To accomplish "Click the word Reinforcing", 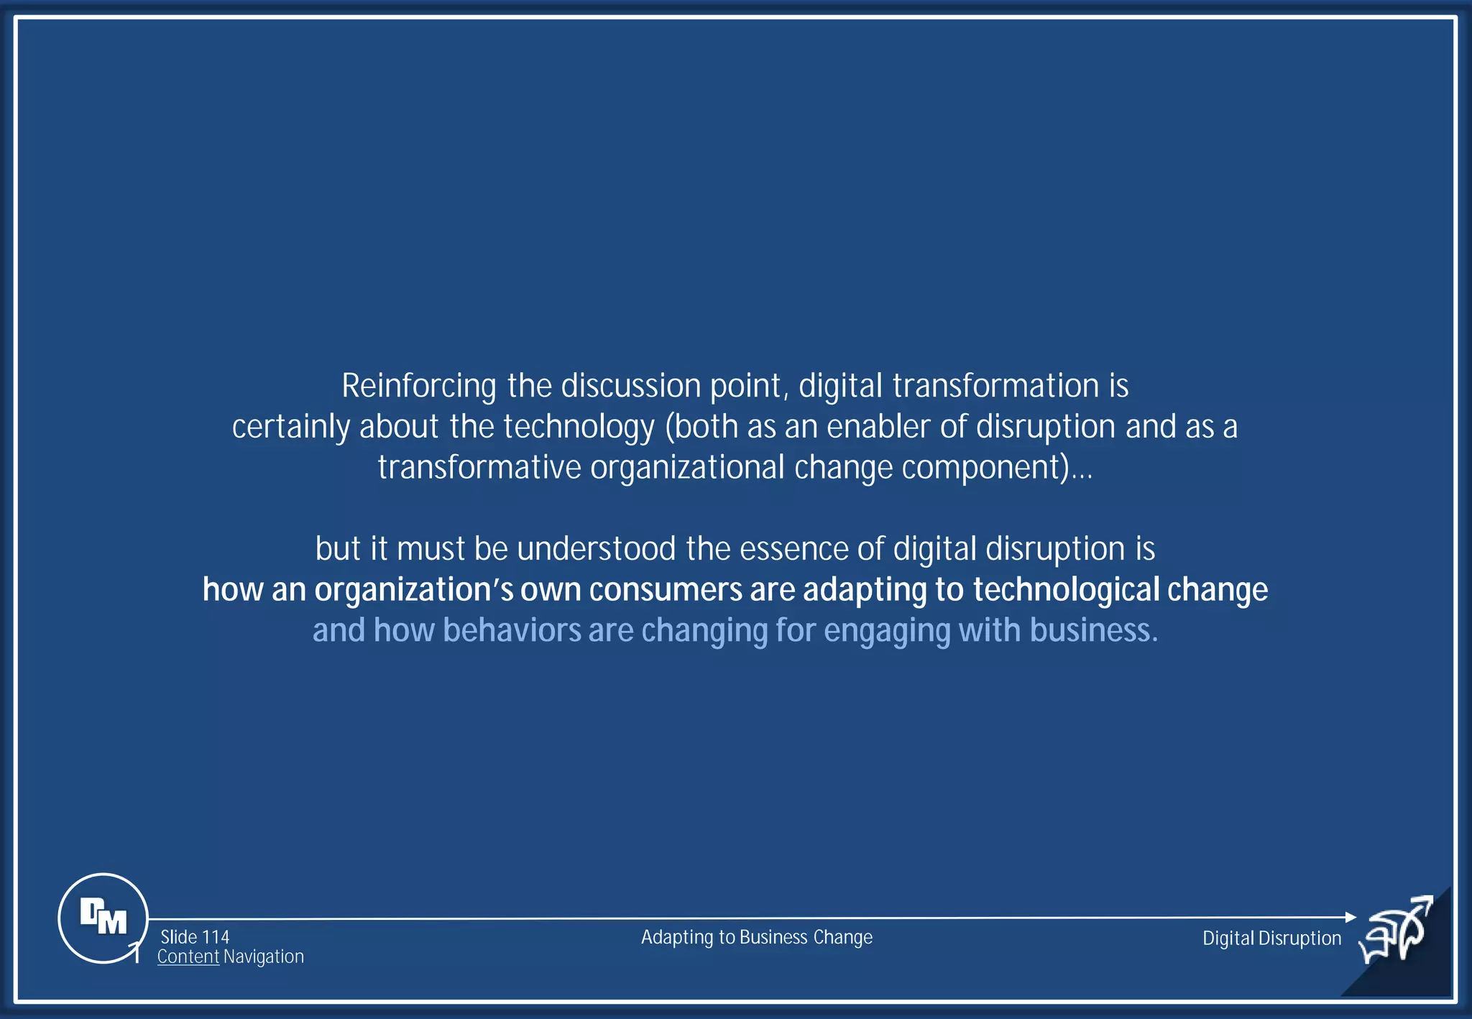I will (418, 387).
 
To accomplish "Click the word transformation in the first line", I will (995, 386).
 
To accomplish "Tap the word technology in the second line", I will (579, 428).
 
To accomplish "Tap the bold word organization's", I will (413, 590).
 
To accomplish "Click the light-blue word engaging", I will (886, 631).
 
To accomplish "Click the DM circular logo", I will (103, 918).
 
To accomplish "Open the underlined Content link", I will (188, 957).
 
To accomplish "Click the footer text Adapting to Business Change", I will (756, 937).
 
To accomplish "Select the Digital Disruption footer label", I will (1271, 939).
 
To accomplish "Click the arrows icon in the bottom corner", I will (1397, 931).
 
